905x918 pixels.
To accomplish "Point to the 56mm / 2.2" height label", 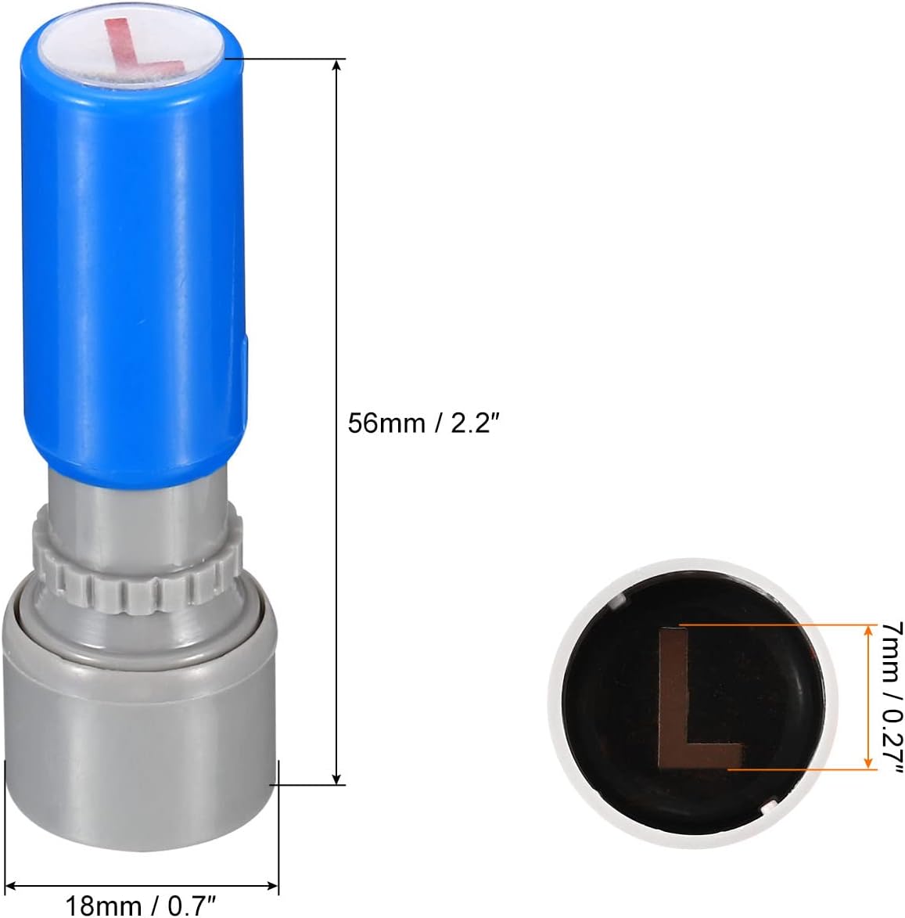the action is tap(423, 423).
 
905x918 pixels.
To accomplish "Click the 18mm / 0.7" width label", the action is tap(140, 905).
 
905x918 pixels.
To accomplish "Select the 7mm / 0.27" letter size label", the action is tap(892, 697).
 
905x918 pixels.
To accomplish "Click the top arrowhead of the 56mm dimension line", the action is tap(336, 65).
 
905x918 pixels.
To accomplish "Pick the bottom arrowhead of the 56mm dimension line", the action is tap(336, 778).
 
